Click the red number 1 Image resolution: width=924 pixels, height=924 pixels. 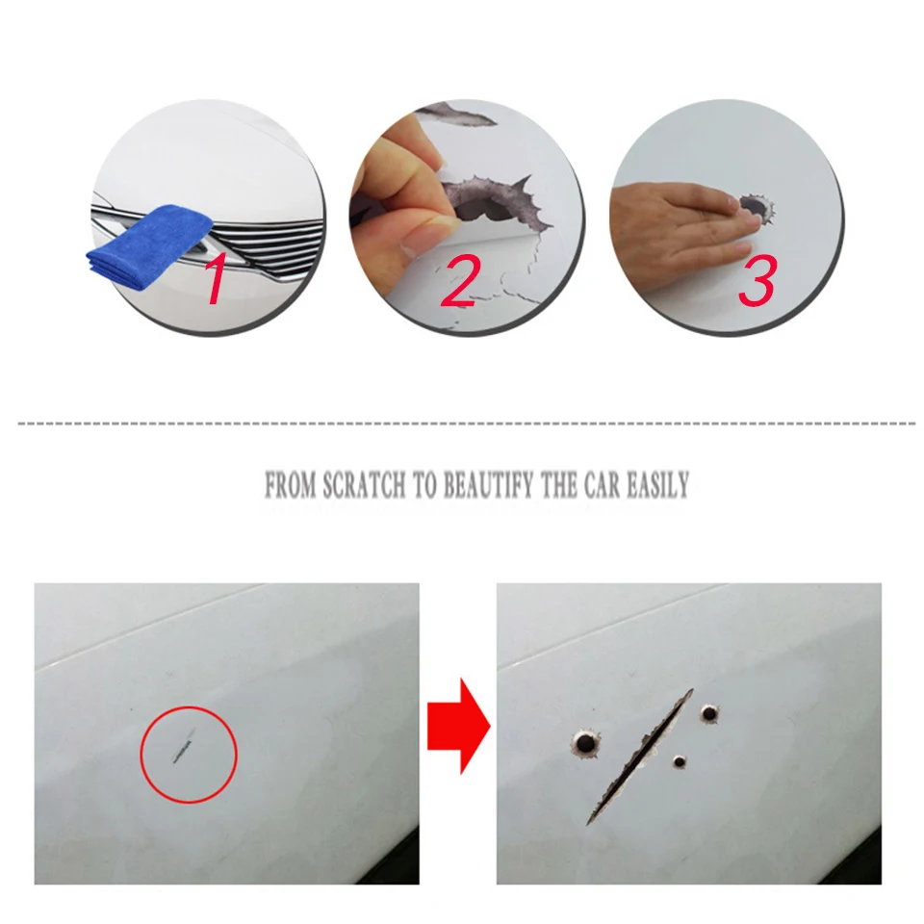(x=216, y=280)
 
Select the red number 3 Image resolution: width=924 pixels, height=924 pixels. (x=757, y=280)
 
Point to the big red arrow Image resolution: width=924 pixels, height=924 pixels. (x=458, y=726)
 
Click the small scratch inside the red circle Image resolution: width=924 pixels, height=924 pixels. (x=183, y=745)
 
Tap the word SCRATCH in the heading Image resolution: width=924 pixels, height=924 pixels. (x=364, y=485)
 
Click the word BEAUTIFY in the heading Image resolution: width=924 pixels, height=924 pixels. (x=489, y=485)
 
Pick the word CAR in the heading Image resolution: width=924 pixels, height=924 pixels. (x=603, y=485)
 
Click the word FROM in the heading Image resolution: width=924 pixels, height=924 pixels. (x=291, y=485)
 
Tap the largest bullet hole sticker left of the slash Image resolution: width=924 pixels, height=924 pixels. (x=585, y=744)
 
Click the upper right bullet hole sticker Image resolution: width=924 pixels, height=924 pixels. (x=709, y=713)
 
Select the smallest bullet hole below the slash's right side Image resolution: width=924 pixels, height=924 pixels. (x=680, y=762)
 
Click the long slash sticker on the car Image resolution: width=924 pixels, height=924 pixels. (x=639, y=757)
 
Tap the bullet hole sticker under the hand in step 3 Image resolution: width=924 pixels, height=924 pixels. (x=757, y=208)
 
